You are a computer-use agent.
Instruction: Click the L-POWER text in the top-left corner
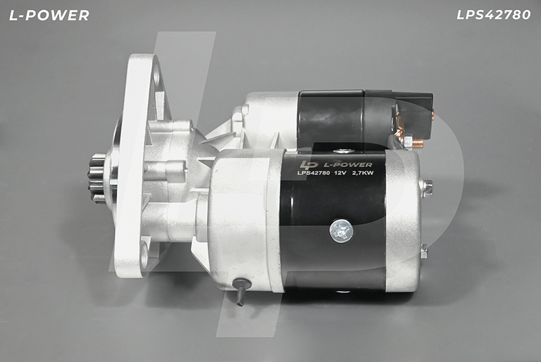49,15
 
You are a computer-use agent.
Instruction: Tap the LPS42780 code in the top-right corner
494,15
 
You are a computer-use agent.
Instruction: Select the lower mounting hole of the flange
143,254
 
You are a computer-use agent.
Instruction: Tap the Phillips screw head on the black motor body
342,231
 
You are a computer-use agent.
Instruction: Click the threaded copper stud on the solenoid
418,141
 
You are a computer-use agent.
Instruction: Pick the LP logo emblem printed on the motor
308,165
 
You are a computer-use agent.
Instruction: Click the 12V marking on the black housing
341,173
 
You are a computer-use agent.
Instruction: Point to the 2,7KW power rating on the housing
362,173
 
